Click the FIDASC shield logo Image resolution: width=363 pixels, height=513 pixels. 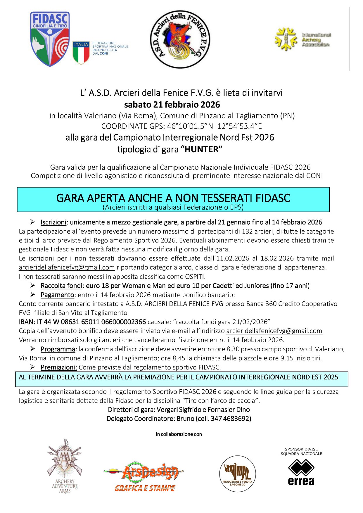point(50,39)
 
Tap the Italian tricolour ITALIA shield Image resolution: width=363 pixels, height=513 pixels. point(81,52)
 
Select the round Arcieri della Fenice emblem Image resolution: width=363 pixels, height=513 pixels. point(180,39)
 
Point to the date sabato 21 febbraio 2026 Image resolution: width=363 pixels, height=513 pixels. point(172,104)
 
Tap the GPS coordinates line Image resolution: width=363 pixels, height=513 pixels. point(181,126)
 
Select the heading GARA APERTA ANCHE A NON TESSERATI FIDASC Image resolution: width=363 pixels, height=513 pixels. point(173,198)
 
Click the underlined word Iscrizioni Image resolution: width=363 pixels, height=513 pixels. point(53,222)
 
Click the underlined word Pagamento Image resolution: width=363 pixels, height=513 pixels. point(57,295)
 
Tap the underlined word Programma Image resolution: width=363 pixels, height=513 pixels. point(58,349)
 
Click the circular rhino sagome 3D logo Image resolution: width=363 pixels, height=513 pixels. point(237,474)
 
